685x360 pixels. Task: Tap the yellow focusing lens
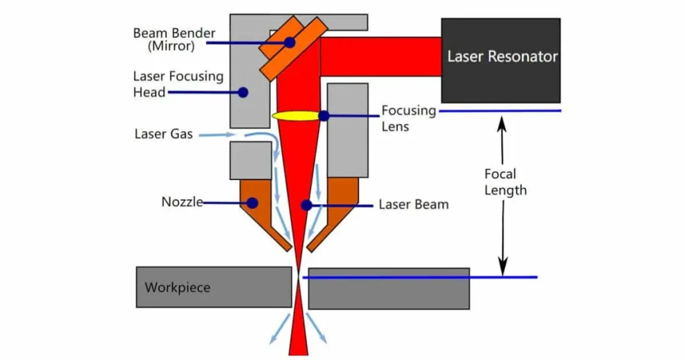(294, 116)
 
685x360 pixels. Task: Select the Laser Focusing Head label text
(178, 84)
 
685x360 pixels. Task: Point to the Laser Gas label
(163, 134)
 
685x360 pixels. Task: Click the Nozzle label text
(182, 202)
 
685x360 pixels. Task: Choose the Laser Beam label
(413, 205)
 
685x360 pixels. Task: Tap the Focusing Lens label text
(408, 118)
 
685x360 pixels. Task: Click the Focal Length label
(505, 182)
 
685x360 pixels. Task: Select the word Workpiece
(177, 288)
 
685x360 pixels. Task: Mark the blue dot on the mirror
(290, 42)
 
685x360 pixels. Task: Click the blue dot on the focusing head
(243, 92)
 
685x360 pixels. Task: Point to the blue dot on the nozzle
(252, 202)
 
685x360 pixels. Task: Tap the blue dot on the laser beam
(306, 205)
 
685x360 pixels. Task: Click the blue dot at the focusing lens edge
(324, 116)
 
